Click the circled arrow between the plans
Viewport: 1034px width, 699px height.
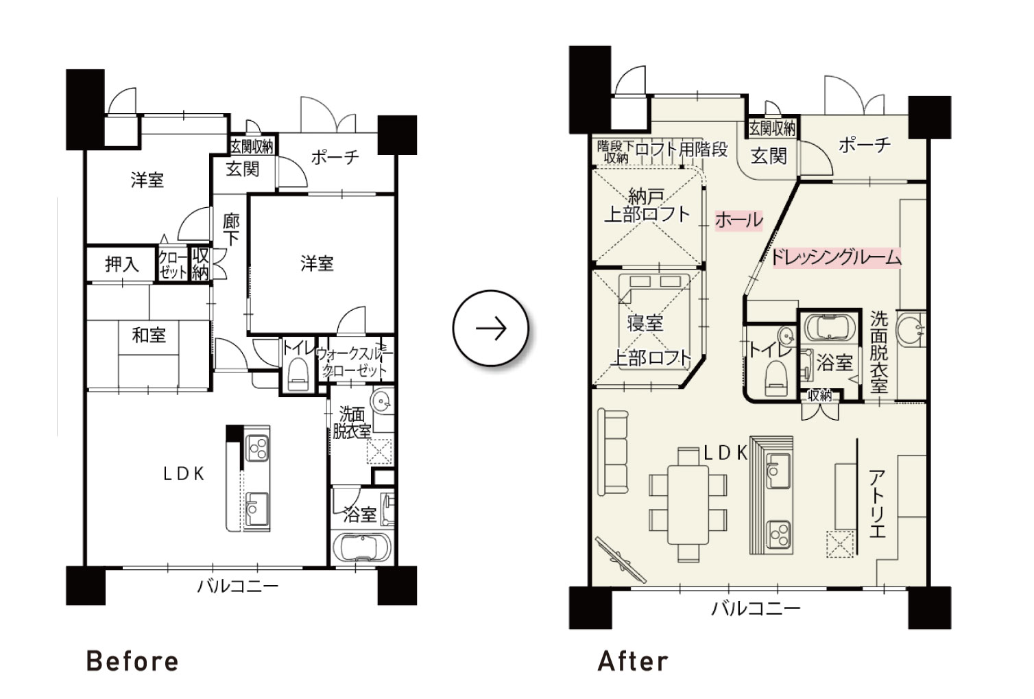click(x=491, y=329)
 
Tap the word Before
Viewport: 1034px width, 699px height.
click(x=132, y=661)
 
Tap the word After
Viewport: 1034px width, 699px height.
click(x=633, y=661)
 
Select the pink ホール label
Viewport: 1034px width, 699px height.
click(x=738, y=220)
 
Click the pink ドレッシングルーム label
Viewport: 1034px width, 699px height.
click(x=837, y=257)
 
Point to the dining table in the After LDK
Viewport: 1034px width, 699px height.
click(x=688, y=505)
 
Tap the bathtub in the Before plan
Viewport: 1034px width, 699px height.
click(x=362, y=548)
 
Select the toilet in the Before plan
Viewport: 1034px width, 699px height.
click(x=298, y=375)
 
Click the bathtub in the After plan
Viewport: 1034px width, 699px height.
click(x=830, y=327)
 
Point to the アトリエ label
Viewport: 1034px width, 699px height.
click(x=876, y=503)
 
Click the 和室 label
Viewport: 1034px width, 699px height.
click(x=149, y=335)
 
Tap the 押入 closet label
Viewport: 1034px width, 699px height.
click(x=122, y=264)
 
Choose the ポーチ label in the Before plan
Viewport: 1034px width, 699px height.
click(x=335, y=158)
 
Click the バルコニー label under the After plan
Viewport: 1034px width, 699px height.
click(x=755, y=608)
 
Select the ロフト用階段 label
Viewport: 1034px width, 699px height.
click(x=682, y=150)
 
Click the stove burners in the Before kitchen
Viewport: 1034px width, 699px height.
click(x=256, y=448)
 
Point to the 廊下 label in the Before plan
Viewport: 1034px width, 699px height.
click(x=231, y=229)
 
